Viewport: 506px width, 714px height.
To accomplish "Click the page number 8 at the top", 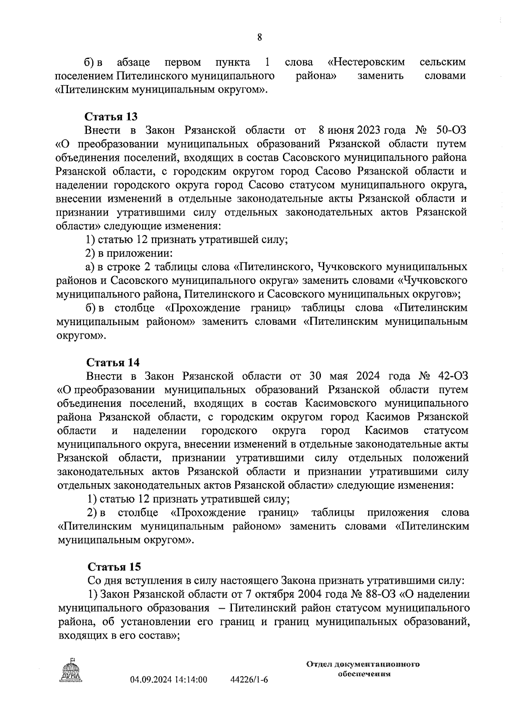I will (259, 38).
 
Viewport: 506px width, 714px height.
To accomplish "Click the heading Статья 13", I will (112, 116).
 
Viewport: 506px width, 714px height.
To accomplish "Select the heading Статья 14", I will (113, 362).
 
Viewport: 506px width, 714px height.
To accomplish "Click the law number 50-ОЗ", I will (450, 130).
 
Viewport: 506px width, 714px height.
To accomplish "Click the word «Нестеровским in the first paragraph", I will (366, 62).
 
